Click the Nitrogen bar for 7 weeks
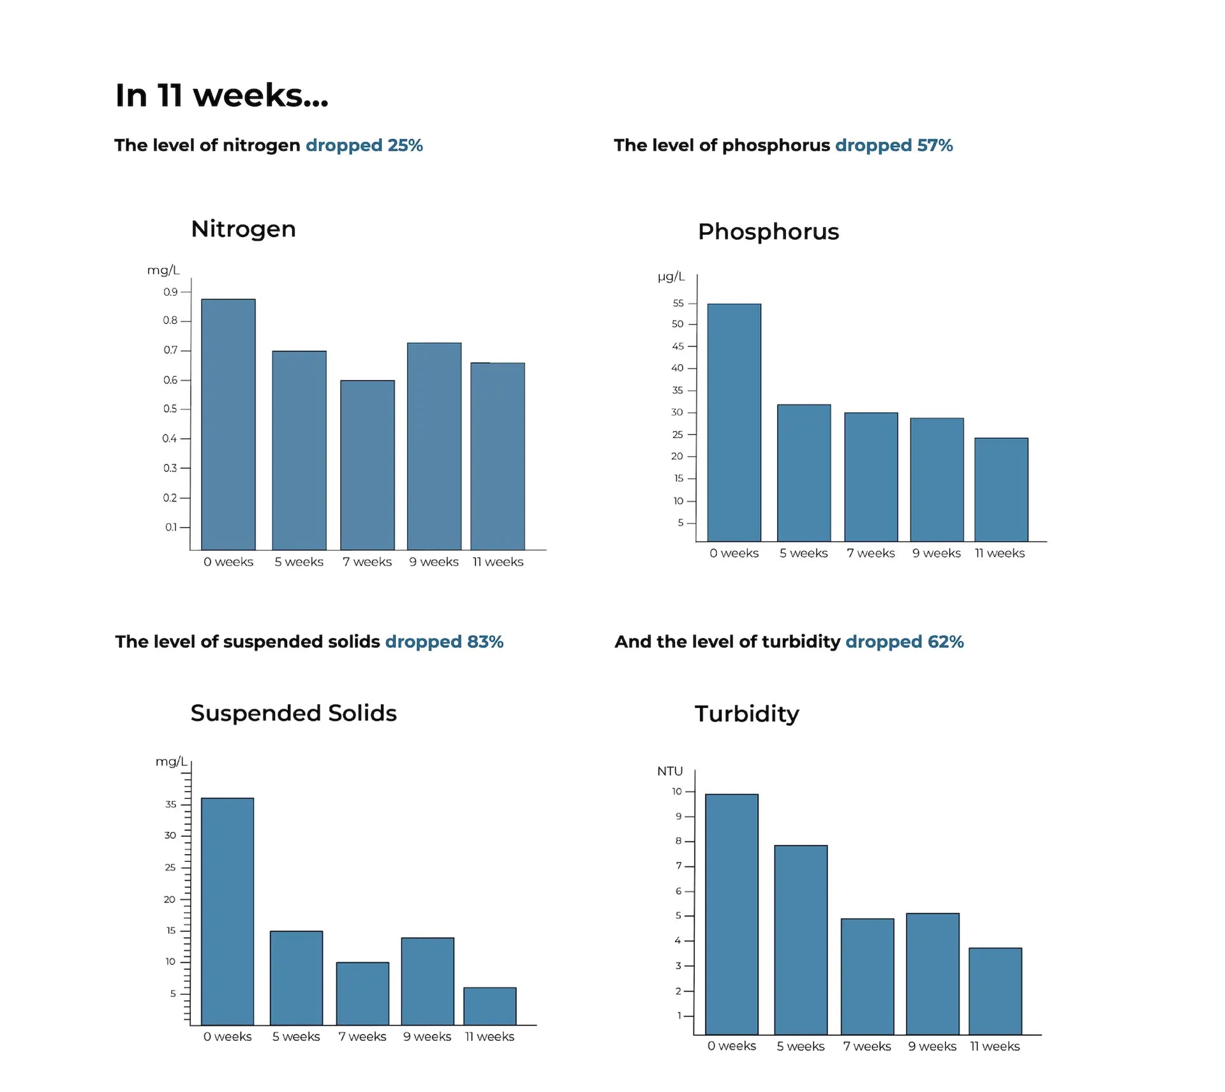tap(367, 465)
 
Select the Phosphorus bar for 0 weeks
tap(734, 422)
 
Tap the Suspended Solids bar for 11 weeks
tap(489, 1006)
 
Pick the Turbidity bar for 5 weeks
tap(801, 940)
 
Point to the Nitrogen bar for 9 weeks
tap(434, 446)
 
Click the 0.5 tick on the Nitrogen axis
tap(170, 409)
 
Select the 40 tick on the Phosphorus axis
tap(678, 368)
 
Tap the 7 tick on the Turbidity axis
tap(679, 866)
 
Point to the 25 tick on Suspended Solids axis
tap(170, 867)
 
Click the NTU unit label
tap(670, 771)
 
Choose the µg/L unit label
tap(671, 276)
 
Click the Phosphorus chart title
tap(768, 232)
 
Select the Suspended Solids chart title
tap(293, 713)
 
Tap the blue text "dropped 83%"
tap(444, 642)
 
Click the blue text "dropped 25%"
tap(364, 145)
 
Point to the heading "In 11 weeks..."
tap(221, 96)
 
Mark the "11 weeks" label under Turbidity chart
tap(995, 1046)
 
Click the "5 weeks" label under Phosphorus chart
tap(803, 553)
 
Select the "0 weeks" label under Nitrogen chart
tap(228, 562)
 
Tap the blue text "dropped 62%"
tap(904, 642)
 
